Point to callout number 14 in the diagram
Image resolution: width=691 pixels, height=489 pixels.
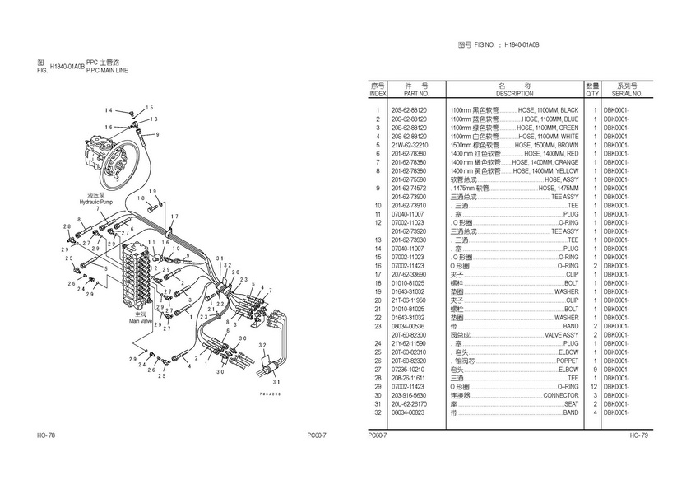point(109,110)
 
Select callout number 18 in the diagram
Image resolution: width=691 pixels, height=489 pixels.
point(141,198)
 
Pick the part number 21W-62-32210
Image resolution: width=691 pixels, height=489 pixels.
point(409,145)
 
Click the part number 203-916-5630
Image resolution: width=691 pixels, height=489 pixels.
point(409,395)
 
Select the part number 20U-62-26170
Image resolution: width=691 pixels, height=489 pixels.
point(409,403)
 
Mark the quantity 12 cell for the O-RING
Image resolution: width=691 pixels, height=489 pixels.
point(592,386)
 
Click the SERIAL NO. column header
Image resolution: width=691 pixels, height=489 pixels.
point(628,94)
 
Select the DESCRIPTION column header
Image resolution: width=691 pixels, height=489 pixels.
point(514,94)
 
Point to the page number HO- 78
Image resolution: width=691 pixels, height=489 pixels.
point(45,435)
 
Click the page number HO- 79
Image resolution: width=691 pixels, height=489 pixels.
point(640,435)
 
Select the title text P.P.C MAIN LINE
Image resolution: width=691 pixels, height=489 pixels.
point(107,71)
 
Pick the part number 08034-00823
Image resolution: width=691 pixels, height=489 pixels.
point(409,412)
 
